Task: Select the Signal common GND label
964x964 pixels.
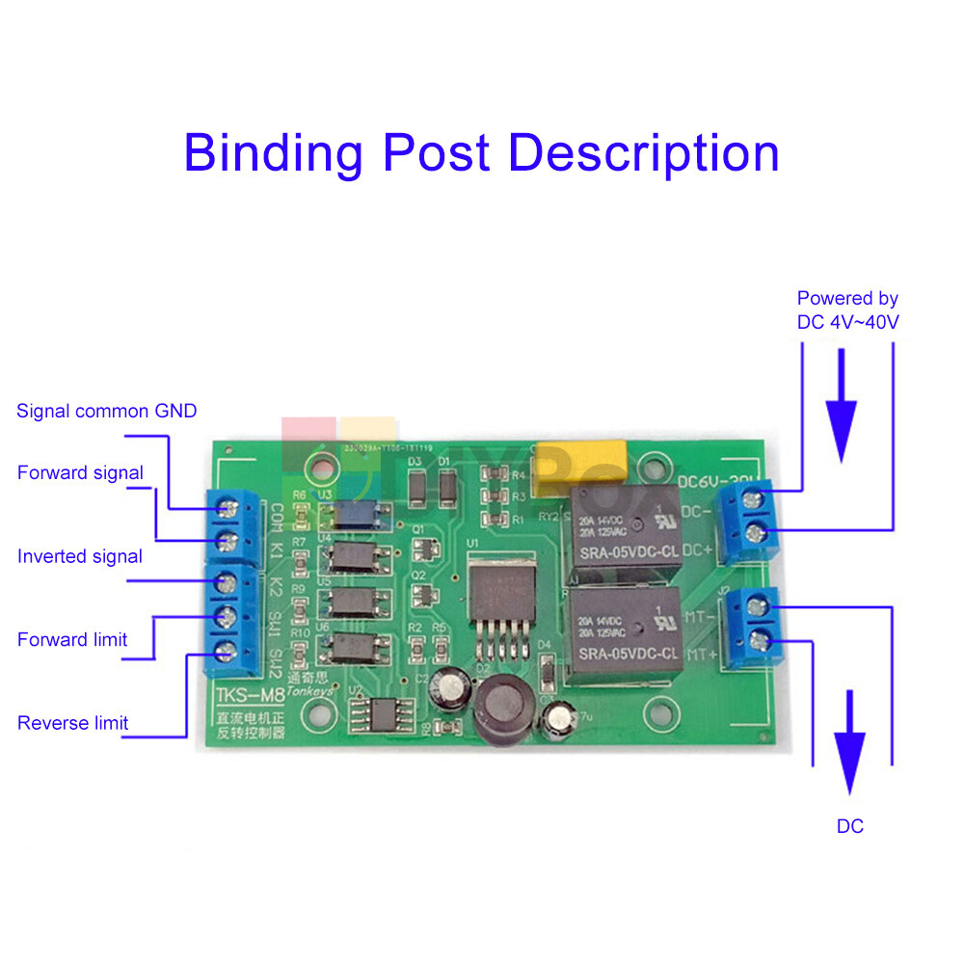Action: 106,412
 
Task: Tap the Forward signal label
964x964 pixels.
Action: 80,473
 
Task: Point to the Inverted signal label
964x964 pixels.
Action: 80,556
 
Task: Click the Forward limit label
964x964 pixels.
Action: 72,640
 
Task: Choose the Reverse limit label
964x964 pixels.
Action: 72,723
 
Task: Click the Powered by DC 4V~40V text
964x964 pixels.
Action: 848,310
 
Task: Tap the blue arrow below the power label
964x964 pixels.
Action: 843,405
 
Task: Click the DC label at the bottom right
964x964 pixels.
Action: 850,826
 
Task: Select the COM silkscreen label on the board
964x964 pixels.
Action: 277,515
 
